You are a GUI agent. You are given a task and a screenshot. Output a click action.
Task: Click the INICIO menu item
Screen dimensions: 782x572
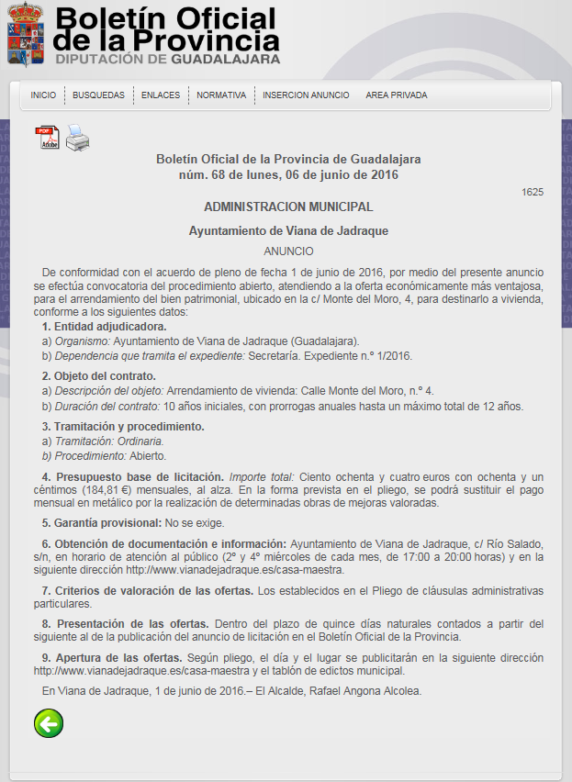pos(43,95)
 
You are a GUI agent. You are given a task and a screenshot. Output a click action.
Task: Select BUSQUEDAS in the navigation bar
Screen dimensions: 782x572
pos(98,95)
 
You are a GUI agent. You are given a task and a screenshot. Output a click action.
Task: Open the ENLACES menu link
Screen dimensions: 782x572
pos(161,95)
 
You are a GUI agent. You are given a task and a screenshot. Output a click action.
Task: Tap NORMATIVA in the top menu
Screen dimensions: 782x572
pos(221,95)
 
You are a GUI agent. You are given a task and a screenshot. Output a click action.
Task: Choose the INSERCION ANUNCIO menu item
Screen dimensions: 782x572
pos(306,95)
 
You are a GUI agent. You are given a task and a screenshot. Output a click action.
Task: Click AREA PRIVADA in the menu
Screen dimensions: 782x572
pos(396,95)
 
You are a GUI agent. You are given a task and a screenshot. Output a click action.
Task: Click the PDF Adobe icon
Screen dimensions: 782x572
pos(48,138)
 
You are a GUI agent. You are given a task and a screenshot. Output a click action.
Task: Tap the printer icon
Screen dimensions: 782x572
pos(77,138)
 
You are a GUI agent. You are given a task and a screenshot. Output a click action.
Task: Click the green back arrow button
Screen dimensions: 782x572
pos(48,723)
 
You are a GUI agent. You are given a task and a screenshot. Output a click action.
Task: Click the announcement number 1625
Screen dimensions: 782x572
pos(533,192)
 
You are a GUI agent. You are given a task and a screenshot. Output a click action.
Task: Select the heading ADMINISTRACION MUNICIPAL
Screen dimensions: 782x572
pos(288,207)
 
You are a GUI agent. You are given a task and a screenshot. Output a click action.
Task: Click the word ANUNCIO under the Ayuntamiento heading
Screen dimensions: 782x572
pos(288,251)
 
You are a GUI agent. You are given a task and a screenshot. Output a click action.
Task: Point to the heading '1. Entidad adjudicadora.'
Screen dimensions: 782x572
pos(104,327)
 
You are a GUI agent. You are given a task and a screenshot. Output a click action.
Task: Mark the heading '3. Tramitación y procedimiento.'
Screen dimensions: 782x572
pos(123,427)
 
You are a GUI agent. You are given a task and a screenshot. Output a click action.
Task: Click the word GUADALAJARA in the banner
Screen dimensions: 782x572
pos(226,59)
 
